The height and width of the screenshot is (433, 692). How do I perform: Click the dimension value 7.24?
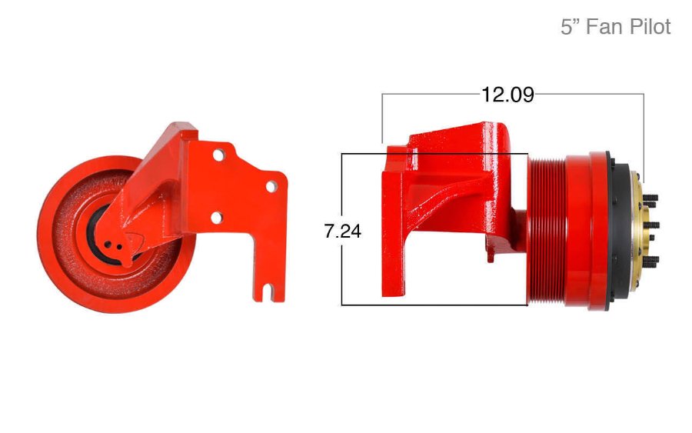(343, 231)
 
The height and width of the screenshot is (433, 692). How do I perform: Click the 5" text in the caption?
(570, 27)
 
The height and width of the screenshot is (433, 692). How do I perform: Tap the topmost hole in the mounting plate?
(218, 155)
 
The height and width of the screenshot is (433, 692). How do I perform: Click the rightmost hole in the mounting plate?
(271, 186)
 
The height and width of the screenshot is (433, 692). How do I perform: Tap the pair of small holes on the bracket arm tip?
(115, 245)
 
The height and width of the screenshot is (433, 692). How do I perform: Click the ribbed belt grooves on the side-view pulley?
(547, 231)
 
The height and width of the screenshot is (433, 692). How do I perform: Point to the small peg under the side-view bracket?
(490, 258)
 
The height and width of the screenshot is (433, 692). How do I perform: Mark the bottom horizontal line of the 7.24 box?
(434, 305)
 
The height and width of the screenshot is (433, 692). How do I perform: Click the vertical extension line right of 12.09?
(644, 131)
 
